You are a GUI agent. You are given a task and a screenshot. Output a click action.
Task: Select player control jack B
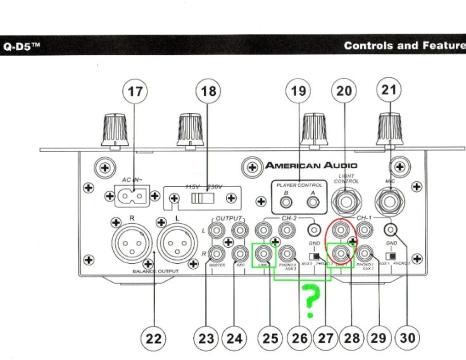click(287, 203)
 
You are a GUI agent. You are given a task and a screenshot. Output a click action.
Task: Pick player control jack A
click(311, 203)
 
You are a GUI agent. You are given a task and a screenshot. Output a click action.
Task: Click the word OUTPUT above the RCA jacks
click(230, 218)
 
